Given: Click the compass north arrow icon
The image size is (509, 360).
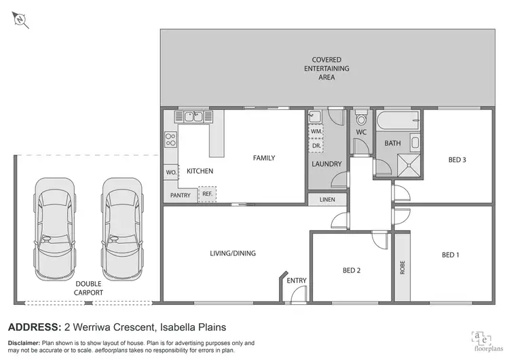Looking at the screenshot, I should pyautogui.click(x=21, y=20).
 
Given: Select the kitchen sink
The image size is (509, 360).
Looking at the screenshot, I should pyautogui.click(x=193, y=117).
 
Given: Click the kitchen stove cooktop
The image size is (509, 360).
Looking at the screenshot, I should pyautogui.click(x=170, y=141).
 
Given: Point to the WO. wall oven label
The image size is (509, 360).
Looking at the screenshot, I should pyautogui.click(x=170, y=173).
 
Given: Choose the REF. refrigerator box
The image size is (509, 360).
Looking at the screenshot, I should pyautogui.click(x=207, y=194).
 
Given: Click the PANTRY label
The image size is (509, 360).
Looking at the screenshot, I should pyautogui.click(x=180, y=194).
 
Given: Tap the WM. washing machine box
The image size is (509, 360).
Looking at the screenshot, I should pyautogui.click(x=316, y=130).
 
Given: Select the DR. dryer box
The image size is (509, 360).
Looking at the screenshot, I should pyautogui.click(x=316, y=146).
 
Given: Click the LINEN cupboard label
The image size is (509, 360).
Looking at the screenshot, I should pyautogui.click(x=326, y=200).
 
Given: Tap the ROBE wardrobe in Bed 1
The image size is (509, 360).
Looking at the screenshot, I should pyautogui.click(x=402, y=267).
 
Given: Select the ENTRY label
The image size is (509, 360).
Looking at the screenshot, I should pyautogui.click(x=297, y=281).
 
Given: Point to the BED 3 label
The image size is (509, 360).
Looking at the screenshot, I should pyautogui.click(x=457, y=160).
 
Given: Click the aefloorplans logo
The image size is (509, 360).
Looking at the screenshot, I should pyautogui.click(x=485, y=338).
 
